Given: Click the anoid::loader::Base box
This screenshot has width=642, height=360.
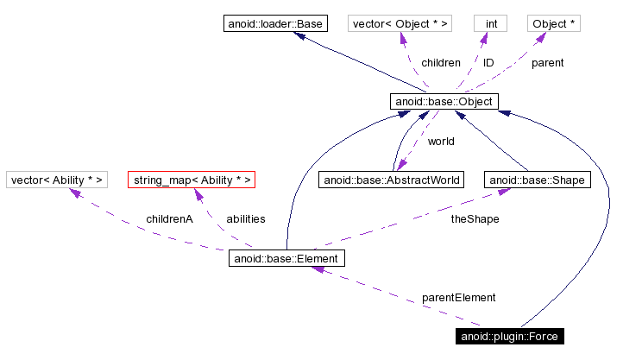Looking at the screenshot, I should pyautogui.click(x=274, y=23).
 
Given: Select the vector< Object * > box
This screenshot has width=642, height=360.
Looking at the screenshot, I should pyautogui.click(x=400, y=23).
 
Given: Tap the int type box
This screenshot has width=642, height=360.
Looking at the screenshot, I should pyautogui.click(x=490, y=23).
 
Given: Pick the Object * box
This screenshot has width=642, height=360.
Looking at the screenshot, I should pyautogui.click(x=554, y=23).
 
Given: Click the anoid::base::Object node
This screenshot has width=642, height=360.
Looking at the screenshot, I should pyautogui.click(x=444, y=102).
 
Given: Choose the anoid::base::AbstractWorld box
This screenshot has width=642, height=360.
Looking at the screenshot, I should pyautogui.click(x=391, y=180).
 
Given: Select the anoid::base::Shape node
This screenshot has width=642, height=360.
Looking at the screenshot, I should pyautogui.click(x=537, y=180).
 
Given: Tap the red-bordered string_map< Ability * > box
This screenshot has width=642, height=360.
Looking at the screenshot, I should pyautogui.click(x=192, y=180).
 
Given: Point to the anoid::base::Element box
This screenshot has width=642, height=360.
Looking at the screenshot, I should pyautogui.click(x=287, y=258).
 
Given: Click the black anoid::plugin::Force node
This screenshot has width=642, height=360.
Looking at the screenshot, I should pyautogui.click(x=513, y=336).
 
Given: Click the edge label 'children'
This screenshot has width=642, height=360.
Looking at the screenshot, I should pyautogui.click(x=440, y=63).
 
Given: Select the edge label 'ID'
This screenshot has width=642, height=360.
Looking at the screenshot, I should pyautogui.click(x=488, y=63).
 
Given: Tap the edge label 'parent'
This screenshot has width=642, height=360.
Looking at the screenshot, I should pyautogui.click(x=547, y=63).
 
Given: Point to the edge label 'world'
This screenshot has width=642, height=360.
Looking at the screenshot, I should pyautogui.click(x=440, y=141).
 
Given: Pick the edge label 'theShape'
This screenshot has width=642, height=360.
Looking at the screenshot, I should pyautogui.click(x=475, y=219).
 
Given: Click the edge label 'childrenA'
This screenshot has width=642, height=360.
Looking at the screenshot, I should pyautogui.click(x=169, y=219).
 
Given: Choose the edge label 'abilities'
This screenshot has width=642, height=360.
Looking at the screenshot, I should pyautogui.click(x=245, y=219).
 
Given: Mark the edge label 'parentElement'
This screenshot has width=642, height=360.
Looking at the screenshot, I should pyautogui.click(x=458, y=298).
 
